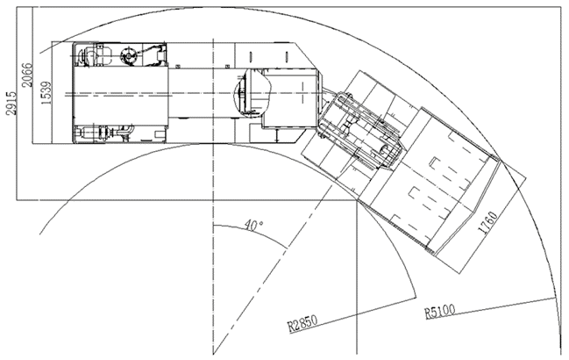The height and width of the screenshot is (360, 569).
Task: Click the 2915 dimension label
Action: click(x=11, y=103)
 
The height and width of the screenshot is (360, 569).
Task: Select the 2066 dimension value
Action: click(x=27, y=76)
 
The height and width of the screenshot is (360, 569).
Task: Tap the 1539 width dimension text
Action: click(x=46, y=93)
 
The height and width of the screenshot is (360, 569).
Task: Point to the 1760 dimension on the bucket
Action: click(x=488, y=223)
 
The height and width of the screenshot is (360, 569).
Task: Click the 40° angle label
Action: click(x=253, y=225)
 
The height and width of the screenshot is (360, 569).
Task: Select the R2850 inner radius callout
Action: click(x=302, y=323)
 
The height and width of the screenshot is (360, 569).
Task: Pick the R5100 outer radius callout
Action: click(x=439, y=312)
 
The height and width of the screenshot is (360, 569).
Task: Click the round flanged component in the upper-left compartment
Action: click(x=129, y=56)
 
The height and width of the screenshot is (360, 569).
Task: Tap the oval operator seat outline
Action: click(x=252, y=92)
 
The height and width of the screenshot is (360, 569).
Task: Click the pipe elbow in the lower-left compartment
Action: click(x=127, y=131)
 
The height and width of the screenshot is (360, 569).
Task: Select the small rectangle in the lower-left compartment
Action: click(x=159, y=134)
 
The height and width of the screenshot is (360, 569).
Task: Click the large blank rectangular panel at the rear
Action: click(x=120, y=95)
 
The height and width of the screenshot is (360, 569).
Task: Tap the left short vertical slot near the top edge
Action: click(x=250, y=57)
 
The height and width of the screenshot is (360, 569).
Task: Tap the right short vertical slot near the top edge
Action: click(x=287, y=57)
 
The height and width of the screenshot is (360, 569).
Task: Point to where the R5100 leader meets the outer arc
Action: click(x=555, y=298)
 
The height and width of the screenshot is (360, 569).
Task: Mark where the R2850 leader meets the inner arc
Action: click(x=416, y=298)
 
